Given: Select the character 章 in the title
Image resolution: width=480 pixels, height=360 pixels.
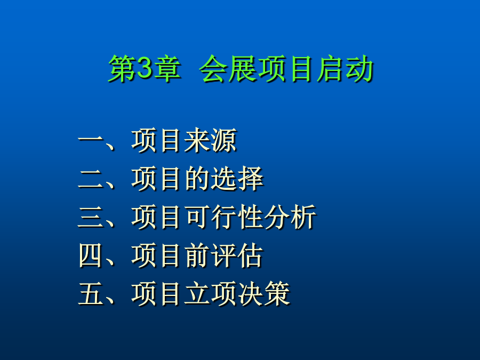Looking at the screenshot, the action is (167, 68).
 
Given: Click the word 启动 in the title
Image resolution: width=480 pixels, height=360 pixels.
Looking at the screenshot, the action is (345, 68).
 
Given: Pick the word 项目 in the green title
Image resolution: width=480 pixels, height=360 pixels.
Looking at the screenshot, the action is (286, 68).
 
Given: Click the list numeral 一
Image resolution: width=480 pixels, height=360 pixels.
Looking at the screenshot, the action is (91, 140).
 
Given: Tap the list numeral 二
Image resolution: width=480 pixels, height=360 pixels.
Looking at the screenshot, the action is (91, 179).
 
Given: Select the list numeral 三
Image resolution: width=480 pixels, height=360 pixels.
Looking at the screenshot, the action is (91, 217).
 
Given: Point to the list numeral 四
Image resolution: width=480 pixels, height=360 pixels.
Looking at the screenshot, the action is (91, 255).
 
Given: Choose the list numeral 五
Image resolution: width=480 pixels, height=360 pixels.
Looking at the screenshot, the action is (91, 293).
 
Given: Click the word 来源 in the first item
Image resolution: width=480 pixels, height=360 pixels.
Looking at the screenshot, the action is (210, 140).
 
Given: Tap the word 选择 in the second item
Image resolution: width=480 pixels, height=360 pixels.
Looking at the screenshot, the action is (237, 179).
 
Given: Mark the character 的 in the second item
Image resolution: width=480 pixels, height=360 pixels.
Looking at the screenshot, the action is (197, 179).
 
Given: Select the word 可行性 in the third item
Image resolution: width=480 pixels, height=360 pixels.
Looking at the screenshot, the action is (223, 217).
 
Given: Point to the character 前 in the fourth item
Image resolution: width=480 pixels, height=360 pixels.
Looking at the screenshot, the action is (197, 255).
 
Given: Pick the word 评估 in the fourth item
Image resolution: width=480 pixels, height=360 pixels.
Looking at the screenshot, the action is (237, 255).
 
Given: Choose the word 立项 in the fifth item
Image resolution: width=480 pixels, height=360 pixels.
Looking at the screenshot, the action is (210, 293).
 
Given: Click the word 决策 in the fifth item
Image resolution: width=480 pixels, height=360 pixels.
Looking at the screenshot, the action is (263, 293).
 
